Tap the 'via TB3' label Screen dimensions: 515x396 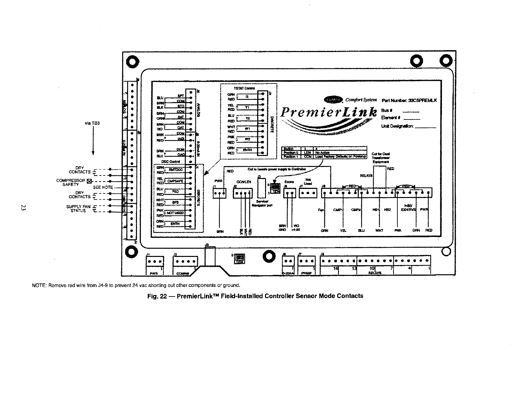(x=93, y=123)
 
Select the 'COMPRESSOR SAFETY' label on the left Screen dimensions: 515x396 (x=71, y=182)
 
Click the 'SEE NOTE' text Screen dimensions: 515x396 (x=103, y=188)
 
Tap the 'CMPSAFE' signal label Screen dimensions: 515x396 (x=176, y=181)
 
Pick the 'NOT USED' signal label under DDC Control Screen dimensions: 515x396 (x=176, y=213)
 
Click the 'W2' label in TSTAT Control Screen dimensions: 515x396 (x=247, y=139)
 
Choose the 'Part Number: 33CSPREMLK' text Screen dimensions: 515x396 (x=409, y=100)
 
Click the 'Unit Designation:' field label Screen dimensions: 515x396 (x=397, y=126)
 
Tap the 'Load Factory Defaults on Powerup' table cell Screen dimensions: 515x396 (x=340, y=156)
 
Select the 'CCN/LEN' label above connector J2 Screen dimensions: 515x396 (x=242, y=182)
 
